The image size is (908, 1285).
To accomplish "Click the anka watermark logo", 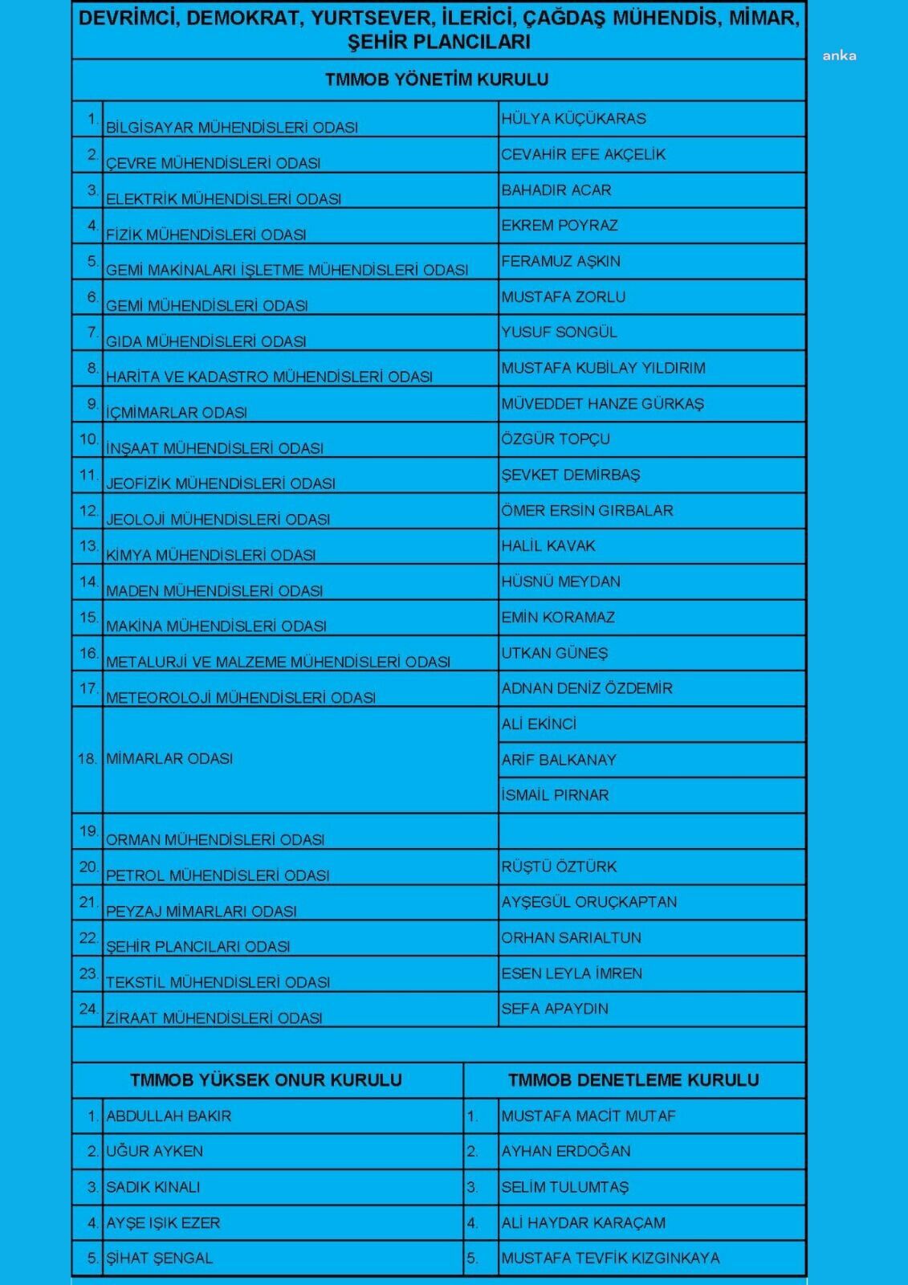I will pyautogui.click(x=839, y=55).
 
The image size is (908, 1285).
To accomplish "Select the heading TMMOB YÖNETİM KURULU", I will pyautogui.click(x=438, y=80).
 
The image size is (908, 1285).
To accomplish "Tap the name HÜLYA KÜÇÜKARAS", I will pyautogui.click(x=573, y=119).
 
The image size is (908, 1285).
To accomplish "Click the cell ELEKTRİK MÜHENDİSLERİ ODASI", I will pyautogui.click(x=223, y=198).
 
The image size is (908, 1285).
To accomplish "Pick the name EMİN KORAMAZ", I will pyautogui.click(x=558, y=617).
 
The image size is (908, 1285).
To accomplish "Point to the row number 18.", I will pyautogui.click(x=88, y=758).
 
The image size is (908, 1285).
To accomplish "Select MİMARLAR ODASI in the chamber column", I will pyautogui.click(x=169, y=758).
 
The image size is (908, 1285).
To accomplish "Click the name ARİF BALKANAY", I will pyautogui.click(x=559, y=760).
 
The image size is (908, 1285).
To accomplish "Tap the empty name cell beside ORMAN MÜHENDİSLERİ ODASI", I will pyautogui.click(x=651, y=831).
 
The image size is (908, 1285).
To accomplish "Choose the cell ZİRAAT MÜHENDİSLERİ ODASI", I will pyautogui.click(x=214, y=1018).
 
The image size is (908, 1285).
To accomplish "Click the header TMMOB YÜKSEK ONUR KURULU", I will pyautogui.click(x=266, y=1080).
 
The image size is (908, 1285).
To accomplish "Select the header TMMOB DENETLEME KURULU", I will pyautogui.click(x=633, y=1080).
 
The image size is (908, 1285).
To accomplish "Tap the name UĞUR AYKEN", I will pyautogui.click(x=155, y=1151).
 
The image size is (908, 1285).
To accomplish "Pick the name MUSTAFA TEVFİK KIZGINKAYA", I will pyautogui.click(x=610, y=1258).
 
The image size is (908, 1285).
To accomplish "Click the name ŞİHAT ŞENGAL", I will pyautogui.click(x=160, y=1258).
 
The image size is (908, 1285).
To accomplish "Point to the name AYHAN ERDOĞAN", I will pyautogui.click(x=566, y=1151).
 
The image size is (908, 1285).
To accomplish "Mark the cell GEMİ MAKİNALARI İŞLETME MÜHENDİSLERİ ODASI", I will pyautogui.click(x=287, y=270).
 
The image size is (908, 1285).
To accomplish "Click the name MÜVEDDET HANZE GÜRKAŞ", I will pyautogui.click(x=602, y=403).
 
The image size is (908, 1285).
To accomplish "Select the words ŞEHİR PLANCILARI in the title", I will pyautogui.click(x=439, y=42).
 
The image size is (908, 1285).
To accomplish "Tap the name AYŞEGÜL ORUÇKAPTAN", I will pyautogui.click(x=588, y=902).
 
